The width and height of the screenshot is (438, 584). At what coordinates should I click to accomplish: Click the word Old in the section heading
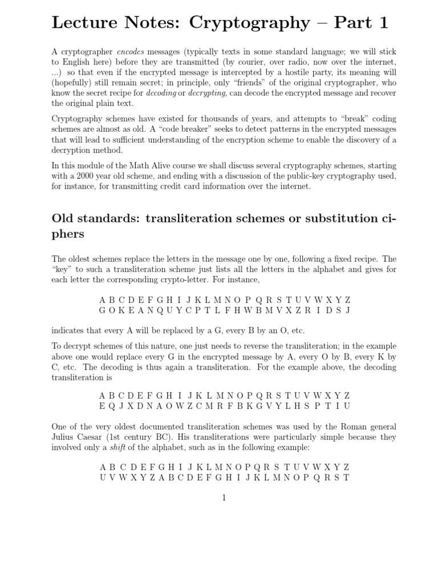click(64, 218)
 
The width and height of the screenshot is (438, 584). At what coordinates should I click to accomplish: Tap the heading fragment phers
click(68, 234)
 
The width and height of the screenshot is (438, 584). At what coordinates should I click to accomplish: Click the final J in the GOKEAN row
click(347, 310)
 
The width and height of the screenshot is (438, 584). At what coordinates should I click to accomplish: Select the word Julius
click(64, 437)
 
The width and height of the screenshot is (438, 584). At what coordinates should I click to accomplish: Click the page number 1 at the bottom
click(224, 498)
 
